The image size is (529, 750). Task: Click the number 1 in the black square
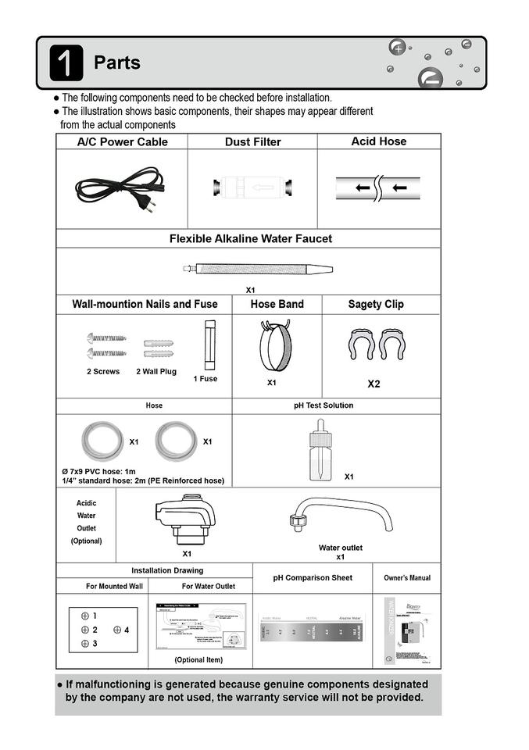(66, 62)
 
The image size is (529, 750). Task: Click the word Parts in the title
(117, 62)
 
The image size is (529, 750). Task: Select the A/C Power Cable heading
(122, 142)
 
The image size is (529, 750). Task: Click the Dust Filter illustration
(252, 188)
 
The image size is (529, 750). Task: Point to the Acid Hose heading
(379, 141)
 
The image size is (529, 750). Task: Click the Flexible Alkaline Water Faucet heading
(251, 239)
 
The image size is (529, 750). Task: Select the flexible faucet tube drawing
(258, 270)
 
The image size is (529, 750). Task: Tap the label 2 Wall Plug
(156, 372)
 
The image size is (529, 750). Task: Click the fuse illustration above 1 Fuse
(209, 345)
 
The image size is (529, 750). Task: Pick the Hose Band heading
(277, 304)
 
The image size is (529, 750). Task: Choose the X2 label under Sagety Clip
(374, 384)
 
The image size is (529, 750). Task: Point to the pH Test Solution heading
(323, 405)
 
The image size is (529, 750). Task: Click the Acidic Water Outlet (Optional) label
(86, 522)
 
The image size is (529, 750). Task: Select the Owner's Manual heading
(406, 578)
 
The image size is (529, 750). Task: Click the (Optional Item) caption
(198, 660)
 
